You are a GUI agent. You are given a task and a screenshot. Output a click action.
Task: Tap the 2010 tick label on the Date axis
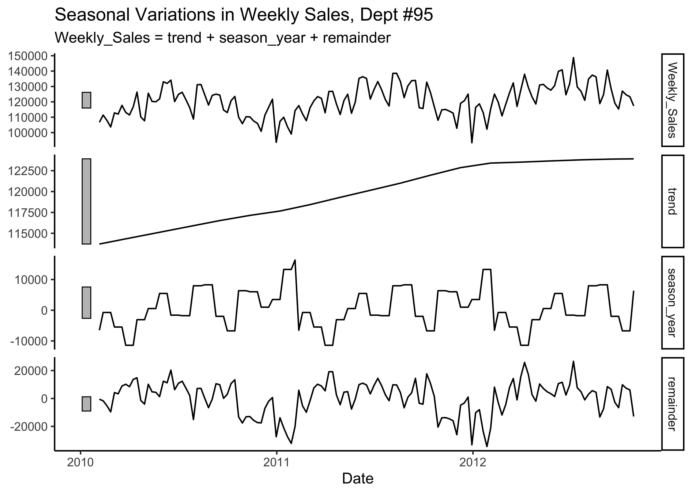click(80, 463)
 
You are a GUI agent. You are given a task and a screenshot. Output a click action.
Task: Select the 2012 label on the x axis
click(472, 463)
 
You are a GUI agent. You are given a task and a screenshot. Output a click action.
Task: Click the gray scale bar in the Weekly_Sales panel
click(86, 100)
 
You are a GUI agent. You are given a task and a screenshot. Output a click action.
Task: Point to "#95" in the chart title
click(415, 15)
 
